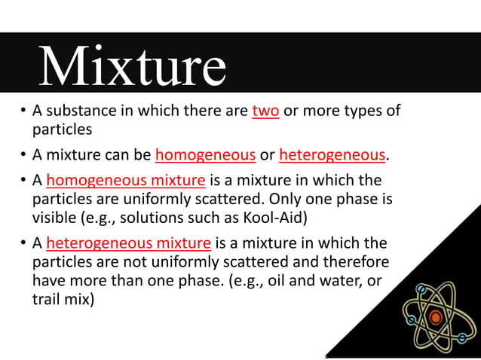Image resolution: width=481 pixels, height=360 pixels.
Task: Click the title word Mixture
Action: pos(133,68)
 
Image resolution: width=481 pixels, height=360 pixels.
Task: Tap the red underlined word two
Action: pos(265,111)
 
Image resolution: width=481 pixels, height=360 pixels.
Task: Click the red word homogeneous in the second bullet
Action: pos(205,156)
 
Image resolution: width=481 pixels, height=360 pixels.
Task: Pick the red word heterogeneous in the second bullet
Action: pos(332,156)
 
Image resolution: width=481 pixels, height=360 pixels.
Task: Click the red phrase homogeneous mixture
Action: pos(126,181)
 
